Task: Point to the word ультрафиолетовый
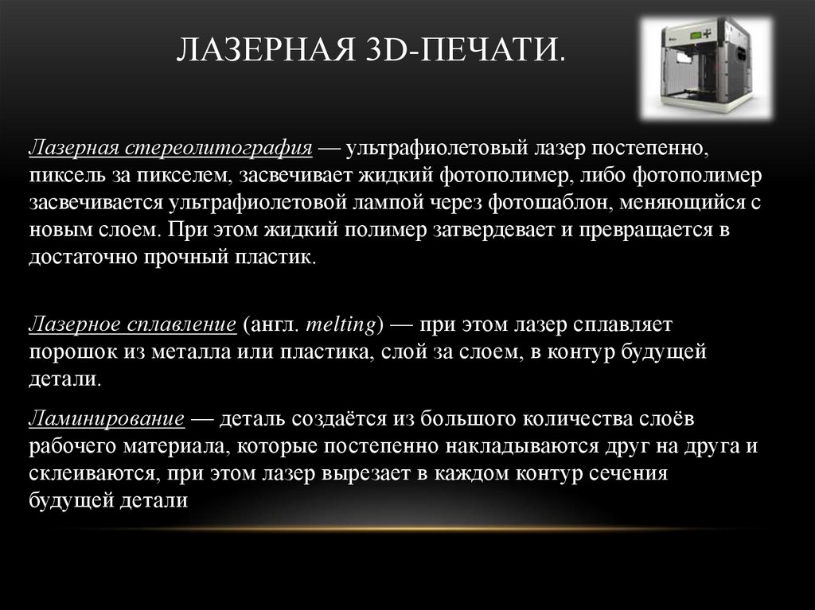click(418, 149)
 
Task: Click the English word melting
click(331, 324)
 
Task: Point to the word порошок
click(66, 352)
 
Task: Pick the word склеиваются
click(92, 475)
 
